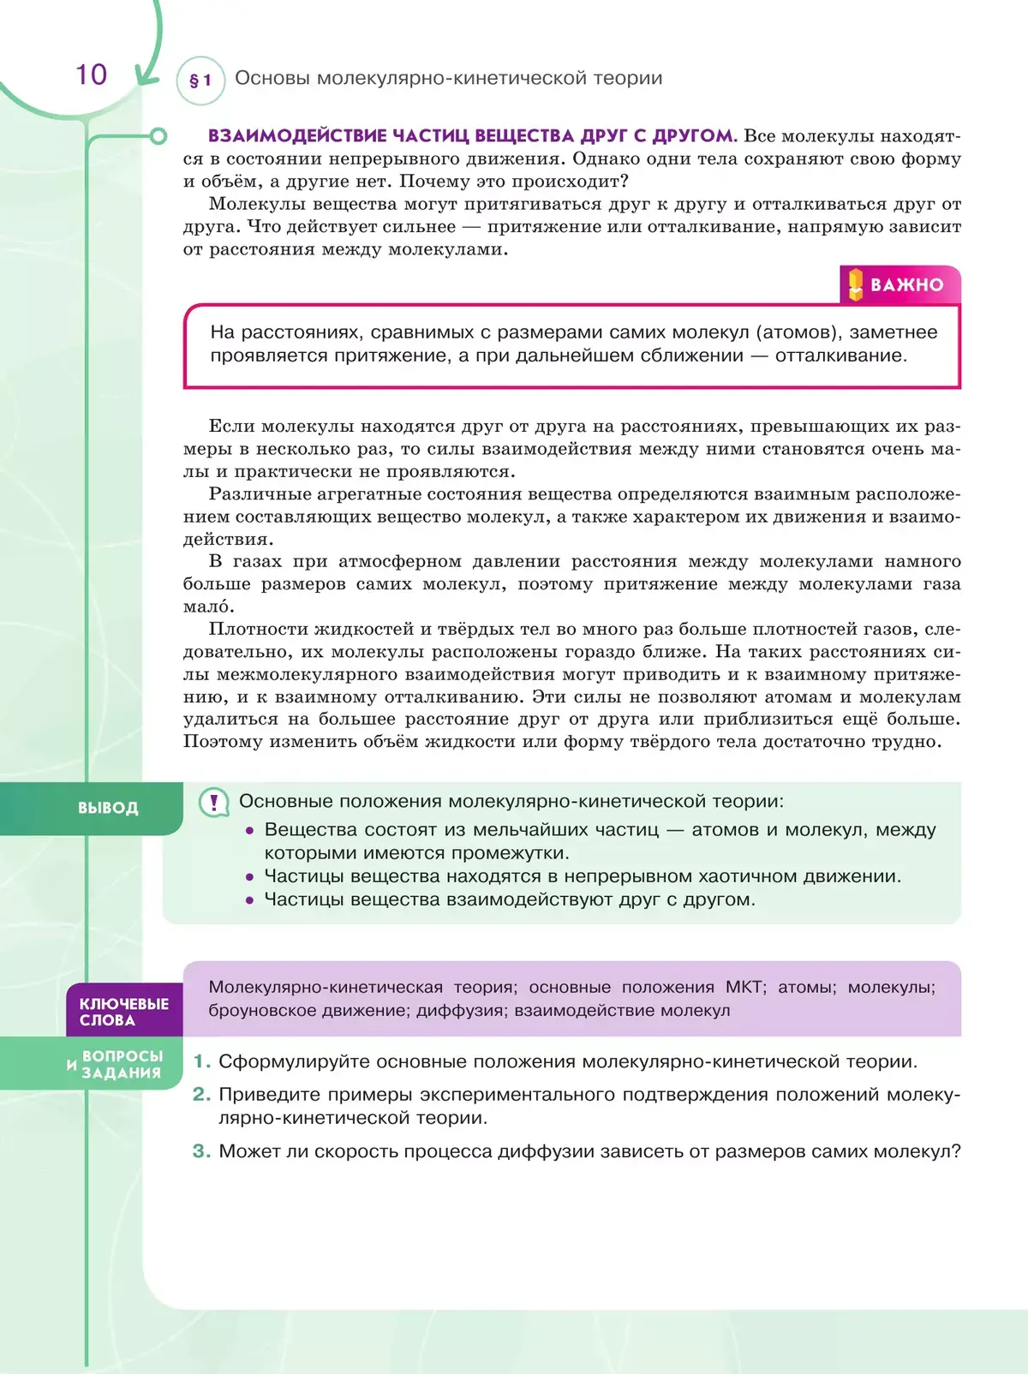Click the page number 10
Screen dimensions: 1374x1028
[91, 75]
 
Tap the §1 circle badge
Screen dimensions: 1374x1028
[200, 81]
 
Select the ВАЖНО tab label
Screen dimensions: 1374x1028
[906, 284]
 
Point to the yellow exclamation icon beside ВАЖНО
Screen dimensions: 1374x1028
[855, 284]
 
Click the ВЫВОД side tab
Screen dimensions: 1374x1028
[108, 808]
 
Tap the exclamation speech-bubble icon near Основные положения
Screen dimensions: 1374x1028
[213, 802]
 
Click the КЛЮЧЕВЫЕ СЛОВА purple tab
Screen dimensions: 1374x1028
[124, 1012]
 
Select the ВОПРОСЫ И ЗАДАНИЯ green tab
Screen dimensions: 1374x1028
[120, 1064]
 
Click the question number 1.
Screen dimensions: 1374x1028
[201, 1061]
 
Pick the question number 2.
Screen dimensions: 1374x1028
[201, 1094]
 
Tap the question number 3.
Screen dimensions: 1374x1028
[201, 1151]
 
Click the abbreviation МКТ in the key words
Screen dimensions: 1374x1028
[744, 987]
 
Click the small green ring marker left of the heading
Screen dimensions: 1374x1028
[158, 136]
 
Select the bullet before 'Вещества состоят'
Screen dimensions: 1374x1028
[249, 830]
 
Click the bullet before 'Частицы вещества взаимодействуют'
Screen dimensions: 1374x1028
[249, 900]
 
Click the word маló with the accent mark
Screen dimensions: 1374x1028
[208, 606]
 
